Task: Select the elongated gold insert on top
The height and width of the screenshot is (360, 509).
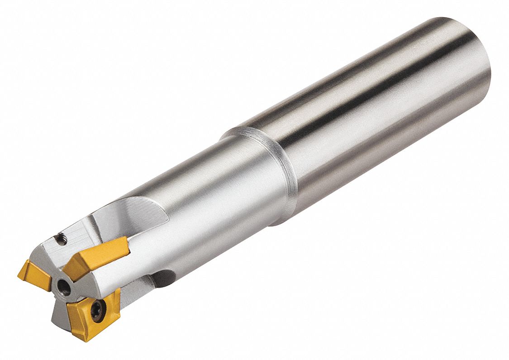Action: click(x=97, y=257)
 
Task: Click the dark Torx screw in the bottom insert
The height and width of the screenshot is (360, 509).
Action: click(x=98, y=311)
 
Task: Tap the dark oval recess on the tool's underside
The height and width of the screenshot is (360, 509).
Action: click(x=163, y=278)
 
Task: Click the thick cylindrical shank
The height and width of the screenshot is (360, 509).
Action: click(x=376, y=113)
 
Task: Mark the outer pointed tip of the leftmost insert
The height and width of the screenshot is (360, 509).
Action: click(x=19, y=274)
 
